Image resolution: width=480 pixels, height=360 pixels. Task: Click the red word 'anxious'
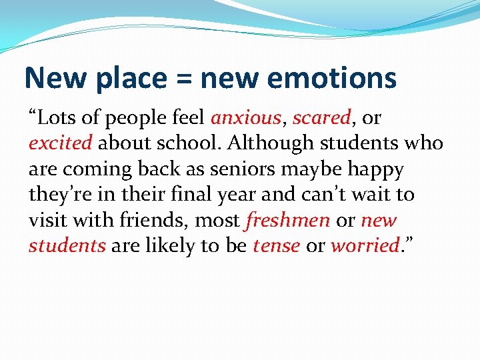pyautogui.click(x=246, y=118)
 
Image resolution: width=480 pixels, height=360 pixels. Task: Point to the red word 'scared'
pyautogui.click(x=322, y=118)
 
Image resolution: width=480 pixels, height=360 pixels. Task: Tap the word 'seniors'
pyautogui.click(x=231, y=169)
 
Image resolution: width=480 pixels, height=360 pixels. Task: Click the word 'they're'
pyautogui.click(x=58, y=195)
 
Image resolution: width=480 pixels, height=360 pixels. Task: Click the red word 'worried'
pyautogui.click(x=364, y=245)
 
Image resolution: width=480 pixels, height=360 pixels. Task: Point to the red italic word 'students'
pyautogui.click(x=67, y=245)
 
